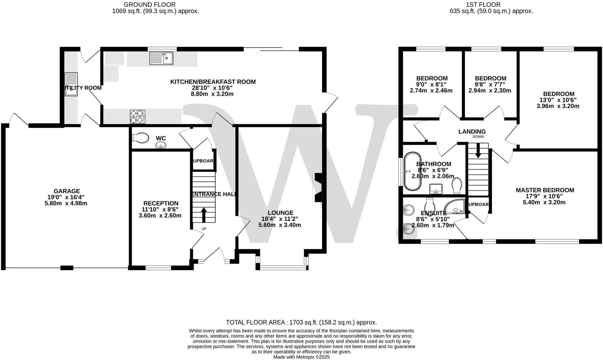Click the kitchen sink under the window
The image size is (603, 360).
pyautogui.click(x=161, y=58)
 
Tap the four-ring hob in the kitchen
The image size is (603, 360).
pyautogui.click(x=137, y=117)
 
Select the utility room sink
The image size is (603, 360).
pyautogui.click(x=71, y=84)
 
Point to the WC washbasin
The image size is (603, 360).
pyautogui.click(x=161, y=145)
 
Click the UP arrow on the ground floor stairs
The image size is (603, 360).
pyautogui.click(x=204, y=215)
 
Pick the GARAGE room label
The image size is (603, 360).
pyautogui.click(x=67, y=191)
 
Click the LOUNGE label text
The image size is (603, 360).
pyautogui.click(x=280, y=213)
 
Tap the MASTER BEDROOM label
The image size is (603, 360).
pyautogui.click(x=545, y=190)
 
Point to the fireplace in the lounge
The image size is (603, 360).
pyautogui.click(x=318, y=188)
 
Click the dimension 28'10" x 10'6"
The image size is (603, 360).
pyautogui.click(x=212, y=88)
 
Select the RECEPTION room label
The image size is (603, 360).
pyautogui.click(x=161, y=203)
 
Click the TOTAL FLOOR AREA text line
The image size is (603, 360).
pyautogui.click(x=301, y=322)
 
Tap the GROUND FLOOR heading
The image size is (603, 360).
pyautogui.click(x=149, y=5)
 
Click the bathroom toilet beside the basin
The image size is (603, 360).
pyautogui.click(x=457, y=185)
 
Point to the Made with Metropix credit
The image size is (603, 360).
pyautogui.click(x=301, y=357)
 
